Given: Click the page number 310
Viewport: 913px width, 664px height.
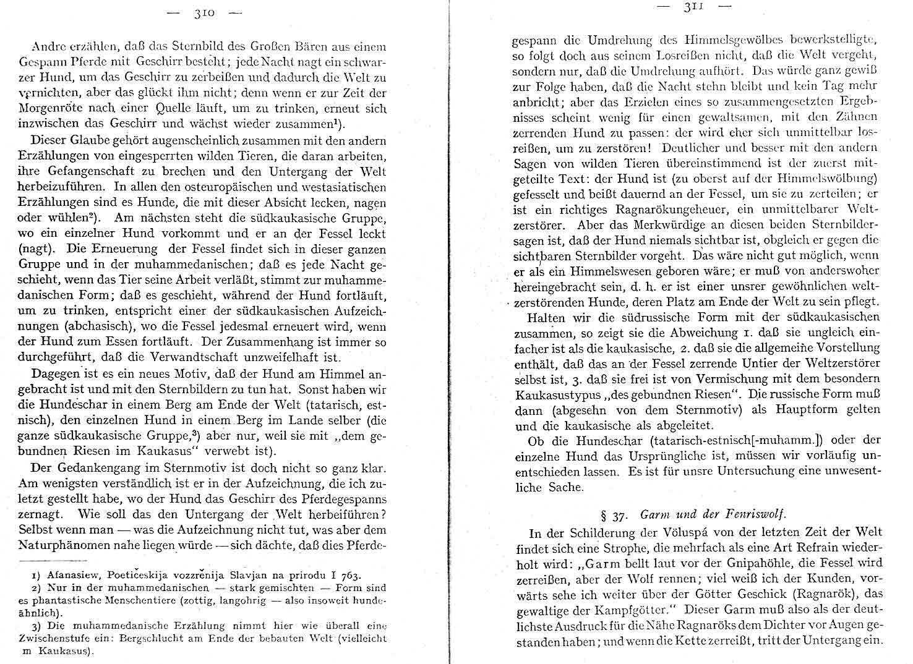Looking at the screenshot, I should click(x=204, y=13).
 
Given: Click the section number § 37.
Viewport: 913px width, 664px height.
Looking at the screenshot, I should click(x=612, y=515).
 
